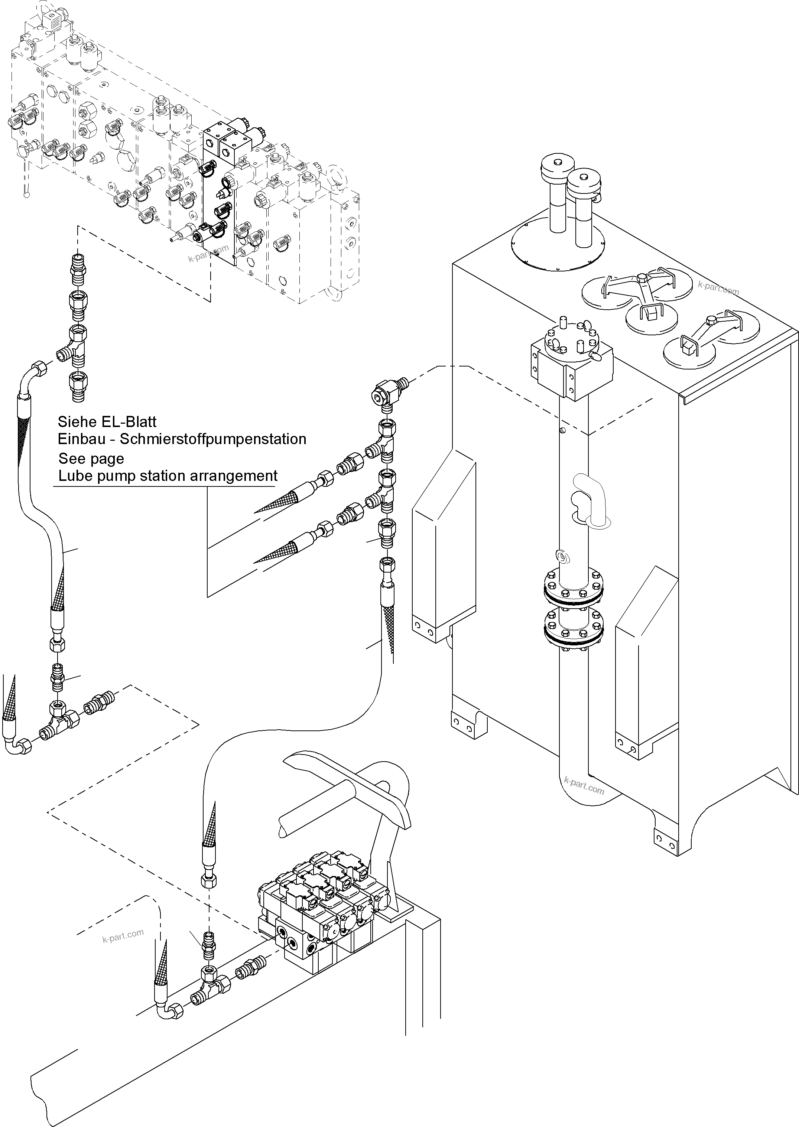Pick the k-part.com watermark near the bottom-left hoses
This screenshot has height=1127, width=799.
tap(123, 936)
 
